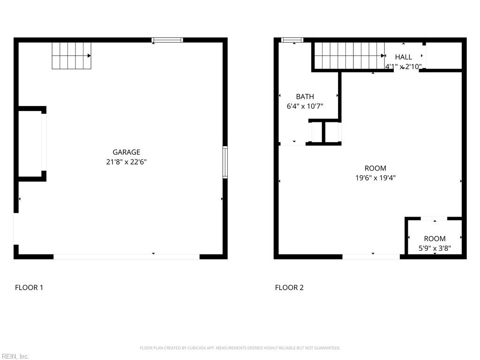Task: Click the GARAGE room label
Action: [126, 152]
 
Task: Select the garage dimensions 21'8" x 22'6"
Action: [126, 162]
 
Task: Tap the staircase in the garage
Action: [71, 55]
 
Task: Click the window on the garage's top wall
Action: [167, 40]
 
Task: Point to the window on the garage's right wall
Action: [225, 162]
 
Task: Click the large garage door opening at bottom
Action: [127, 256]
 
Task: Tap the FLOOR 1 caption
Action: [29, 287]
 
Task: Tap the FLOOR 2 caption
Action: [289, 287]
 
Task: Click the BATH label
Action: [305, 97]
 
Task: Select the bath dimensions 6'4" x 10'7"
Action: [305, 106]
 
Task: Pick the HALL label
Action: [403, 57]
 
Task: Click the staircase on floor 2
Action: [349, 55]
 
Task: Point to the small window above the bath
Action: [292, 40]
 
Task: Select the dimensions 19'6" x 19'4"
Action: [375, 178]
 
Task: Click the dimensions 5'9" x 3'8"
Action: [435, 248]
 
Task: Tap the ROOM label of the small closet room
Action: [435, 239]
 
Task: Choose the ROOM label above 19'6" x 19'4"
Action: [375, 168]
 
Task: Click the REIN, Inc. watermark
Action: [15, 356]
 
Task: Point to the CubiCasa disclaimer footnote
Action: [240, 348]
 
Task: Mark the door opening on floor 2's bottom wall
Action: [371, 256]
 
